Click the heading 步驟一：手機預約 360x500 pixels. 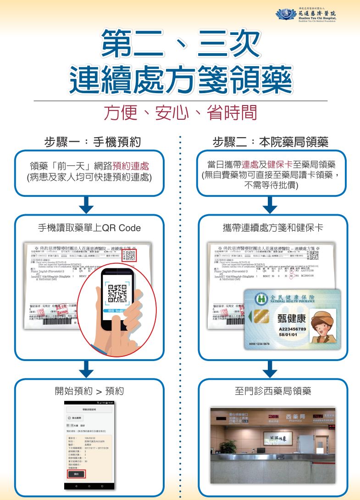pyautogui.click(x=92, y=142)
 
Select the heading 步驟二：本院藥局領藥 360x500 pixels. pyautogui.click(x=271, y=142)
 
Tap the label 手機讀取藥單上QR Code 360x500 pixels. pyautogui.click(x=89, y=228)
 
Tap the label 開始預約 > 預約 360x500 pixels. pyautogui.click(x=89, y=391)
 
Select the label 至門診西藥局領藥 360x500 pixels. pyautogui.click(x=272, y=391)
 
